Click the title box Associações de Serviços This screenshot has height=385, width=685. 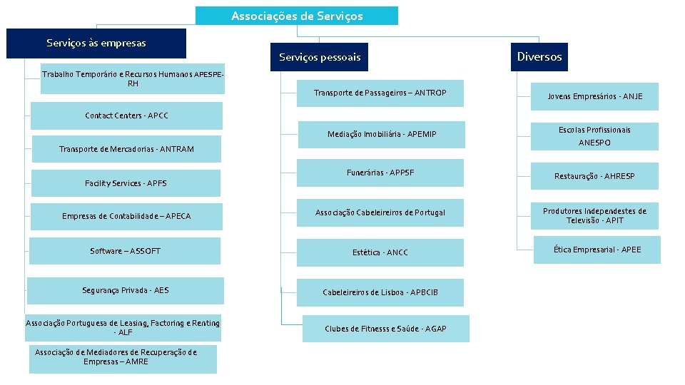pyautogui.click(x=297, y=16)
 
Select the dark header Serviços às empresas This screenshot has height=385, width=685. pyautogui.click(x=96, y=43)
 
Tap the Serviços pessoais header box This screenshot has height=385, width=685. pyautogui.click(x=320, y=57)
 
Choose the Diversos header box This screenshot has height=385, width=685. pyautogui.click(x=539, y=57)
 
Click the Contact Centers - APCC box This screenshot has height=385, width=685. pyautogui.click(x=126, y=115)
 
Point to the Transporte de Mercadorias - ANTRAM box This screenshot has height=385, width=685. pyautogui.click(x=126, y=149)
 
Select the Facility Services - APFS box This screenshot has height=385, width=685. pyautogui.click(x=126, y=183)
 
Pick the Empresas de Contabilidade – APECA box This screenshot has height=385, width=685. pyautogui.click(x=126, y=216)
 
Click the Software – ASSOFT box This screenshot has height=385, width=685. pyautogui.click(x=125, y=251)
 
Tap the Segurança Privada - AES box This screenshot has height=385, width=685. pyautogui.click(x=125, y=290)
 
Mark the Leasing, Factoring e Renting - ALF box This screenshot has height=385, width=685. pyautogui.click(x=123, y=328)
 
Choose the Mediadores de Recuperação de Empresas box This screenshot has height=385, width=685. pyautogui.click(x=123, y=359)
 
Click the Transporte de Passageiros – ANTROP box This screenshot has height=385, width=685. pyautogui.click(x=380, y=93)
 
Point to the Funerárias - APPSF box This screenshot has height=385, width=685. pyautogui.click(x=380, y=173)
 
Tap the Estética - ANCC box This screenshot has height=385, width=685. pyautogui.click(x=380, y=252)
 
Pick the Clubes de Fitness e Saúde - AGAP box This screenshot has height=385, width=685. pyautogui.click(x=385, y=329)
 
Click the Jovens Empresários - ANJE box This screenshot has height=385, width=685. pyautogui.click(x=594, y=96)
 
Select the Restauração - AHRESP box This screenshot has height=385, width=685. pyautogui.click(x=594, y=176)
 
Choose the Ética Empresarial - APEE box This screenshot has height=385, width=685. pyautogui.click(x=597, y=250)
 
